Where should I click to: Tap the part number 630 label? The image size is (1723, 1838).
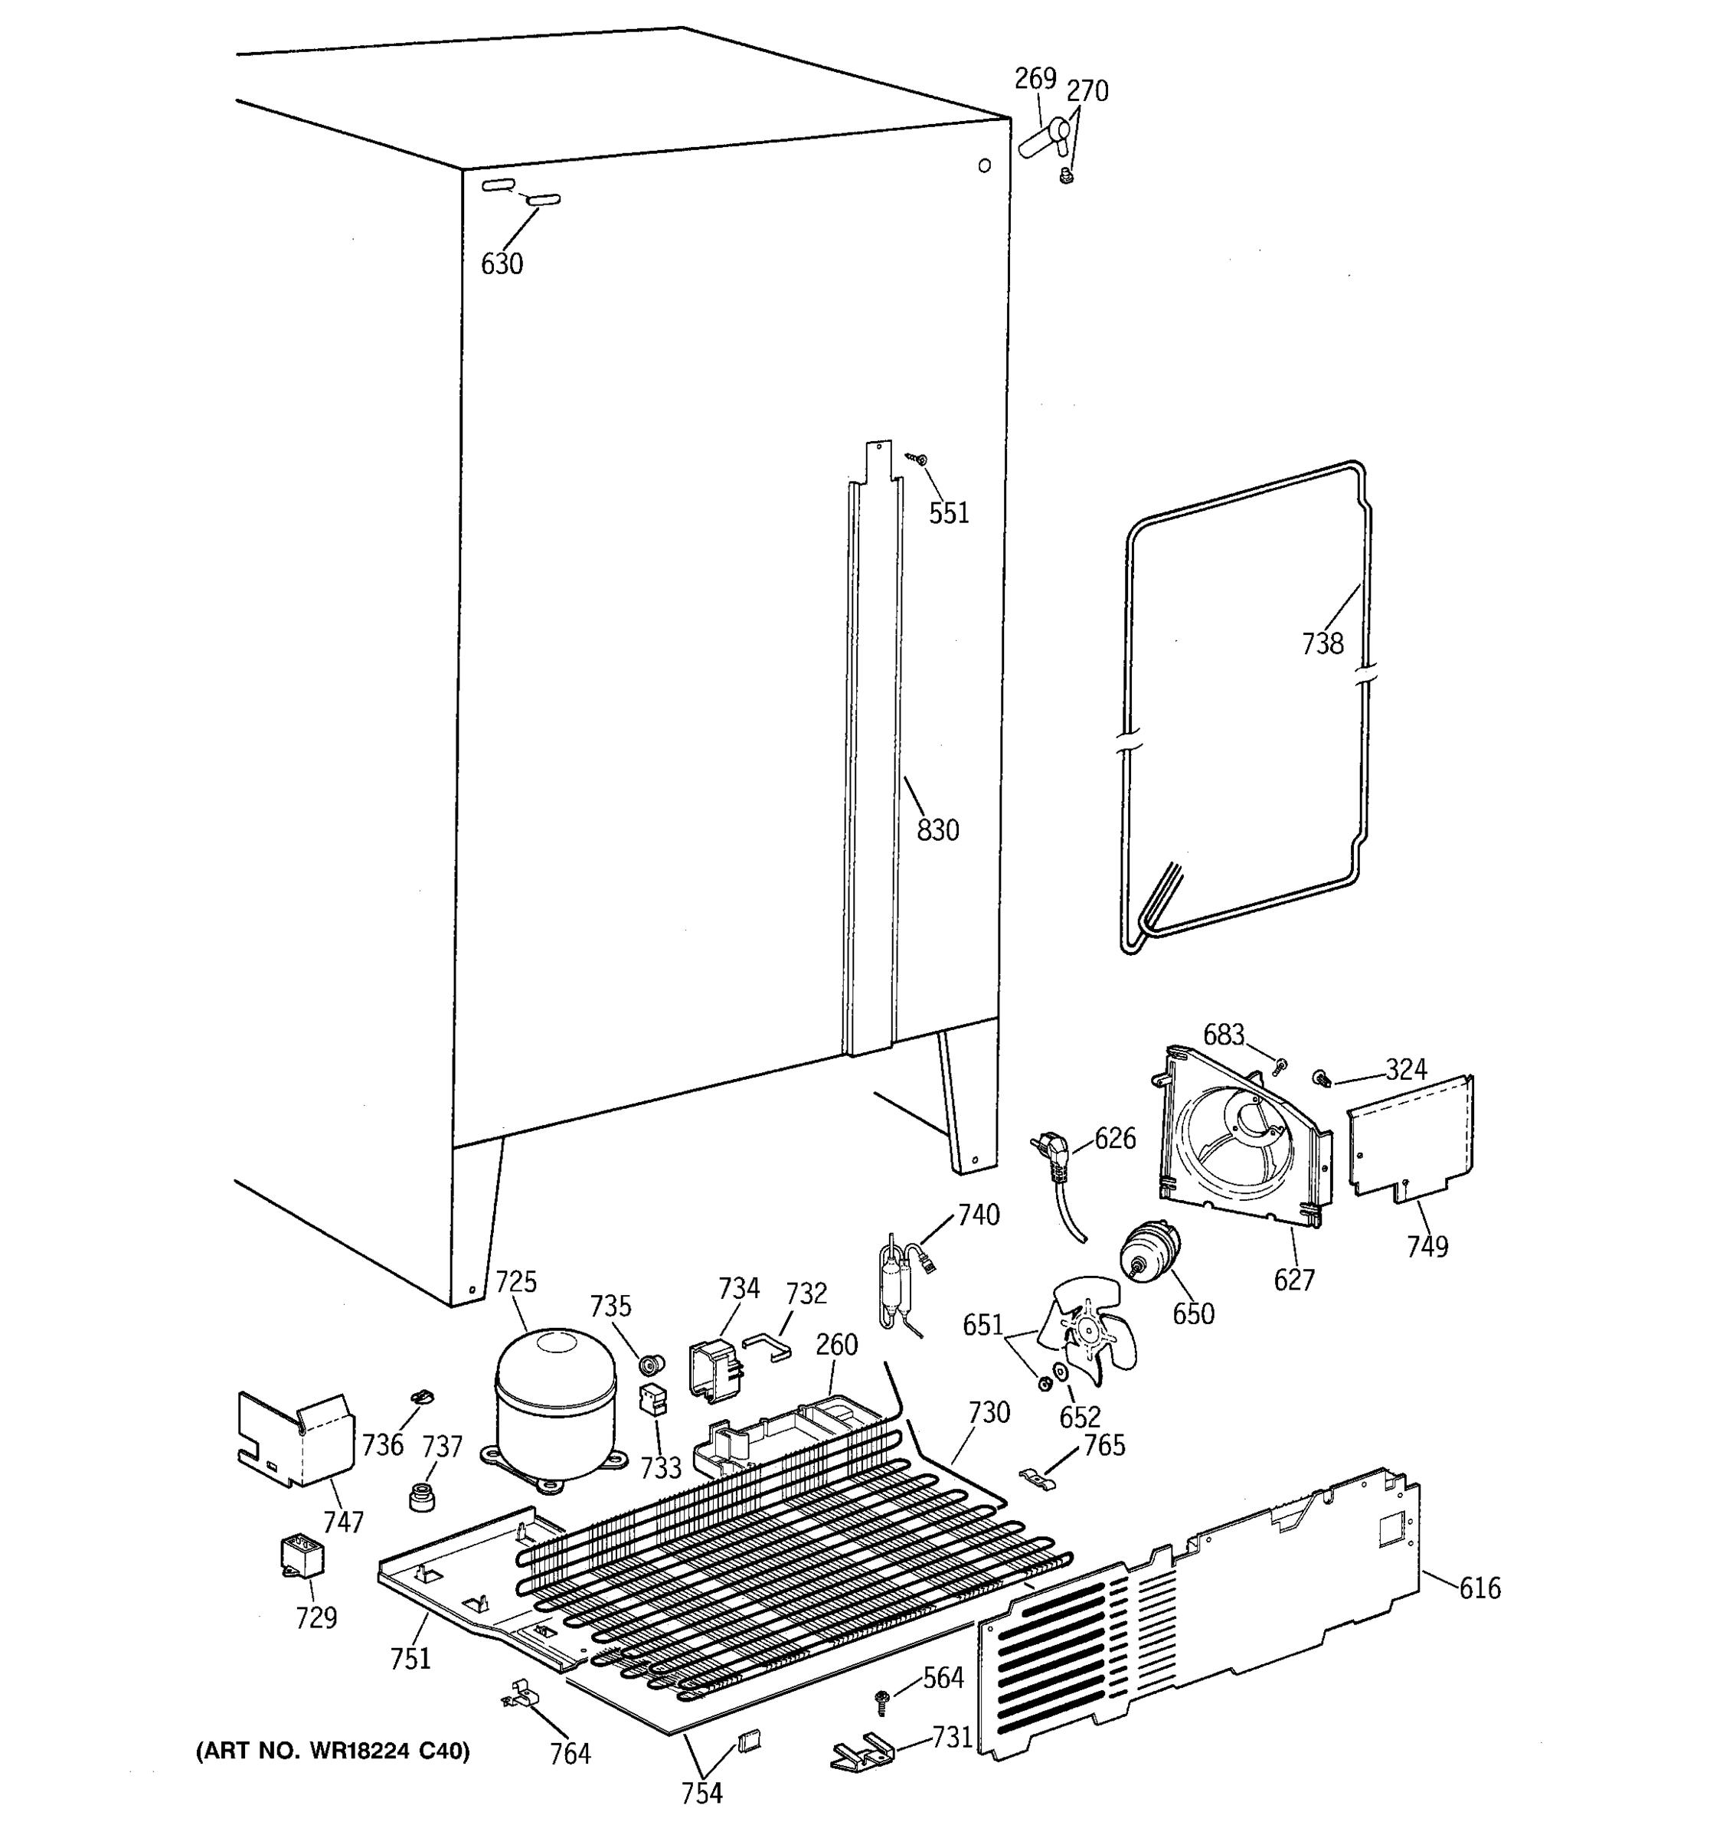pyautogui.click(x=502, y=264)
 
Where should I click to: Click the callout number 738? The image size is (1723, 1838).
pyautogui.click(x=1322, y=643)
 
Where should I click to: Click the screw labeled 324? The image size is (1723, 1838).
pyautogui.click(x=1321, y=1077)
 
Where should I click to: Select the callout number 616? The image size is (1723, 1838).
pyautogui.click(x=1479, y=1588)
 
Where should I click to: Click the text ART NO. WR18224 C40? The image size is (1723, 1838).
pyautogui.click(x=333, y=1751)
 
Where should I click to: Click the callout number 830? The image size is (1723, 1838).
pyautogui.click(x=937, y=830)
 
